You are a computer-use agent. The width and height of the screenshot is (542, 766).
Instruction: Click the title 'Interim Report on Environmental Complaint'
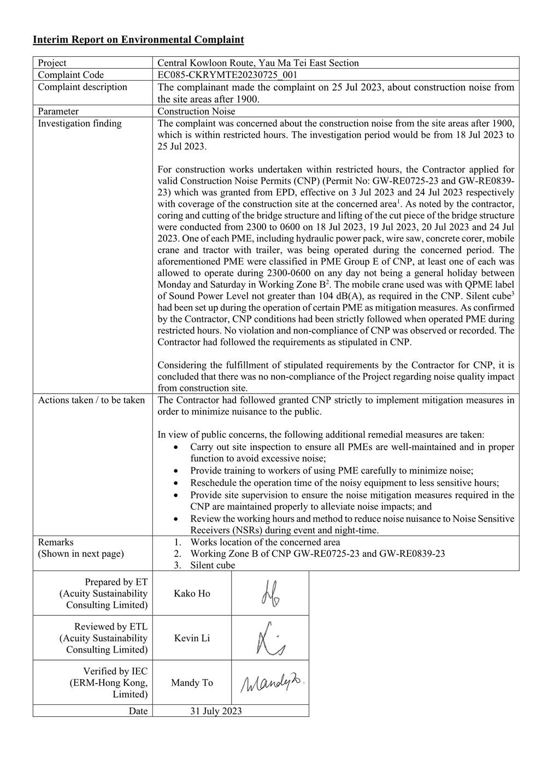[138, 40]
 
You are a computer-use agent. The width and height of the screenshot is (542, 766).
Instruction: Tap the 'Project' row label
[52, 63]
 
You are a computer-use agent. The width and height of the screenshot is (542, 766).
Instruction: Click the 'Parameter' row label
[58, 111]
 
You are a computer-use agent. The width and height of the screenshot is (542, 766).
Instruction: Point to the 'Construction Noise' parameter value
[196, 111]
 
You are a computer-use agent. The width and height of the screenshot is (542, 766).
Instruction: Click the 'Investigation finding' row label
[80, 123]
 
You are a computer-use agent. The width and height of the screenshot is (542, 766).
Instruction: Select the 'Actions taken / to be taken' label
[91, 400]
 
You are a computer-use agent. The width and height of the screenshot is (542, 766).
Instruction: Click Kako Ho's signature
[270, 593]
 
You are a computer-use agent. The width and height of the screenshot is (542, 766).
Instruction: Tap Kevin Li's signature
[270, 638]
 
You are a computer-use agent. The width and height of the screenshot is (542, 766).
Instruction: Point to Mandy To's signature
[272, 682]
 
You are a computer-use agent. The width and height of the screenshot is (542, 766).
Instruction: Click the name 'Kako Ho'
[192, 593]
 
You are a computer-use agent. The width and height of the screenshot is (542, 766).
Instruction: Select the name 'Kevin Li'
[192, 638]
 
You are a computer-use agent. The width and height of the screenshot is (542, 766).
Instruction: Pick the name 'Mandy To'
[192, 682]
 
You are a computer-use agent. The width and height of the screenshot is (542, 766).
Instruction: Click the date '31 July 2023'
[216, 711]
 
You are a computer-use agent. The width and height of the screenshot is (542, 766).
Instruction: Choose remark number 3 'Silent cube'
[213, 565]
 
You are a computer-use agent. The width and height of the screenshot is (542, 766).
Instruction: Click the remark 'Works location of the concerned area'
[265, 542]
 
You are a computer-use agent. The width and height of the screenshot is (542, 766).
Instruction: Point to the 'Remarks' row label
[56, 542]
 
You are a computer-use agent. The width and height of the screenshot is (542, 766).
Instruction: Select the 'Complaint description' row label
[82, 87]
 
